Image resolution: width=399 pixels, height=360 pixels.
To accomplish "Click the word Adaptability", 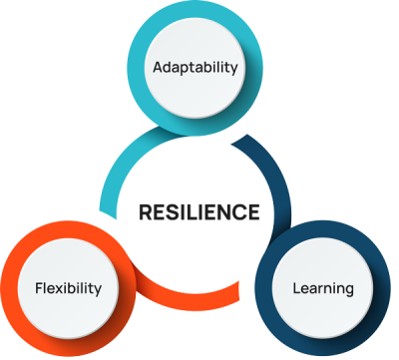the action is click(195, 69).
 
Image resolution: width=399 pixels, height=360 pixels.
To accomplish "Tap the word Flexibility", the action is click(67, 289).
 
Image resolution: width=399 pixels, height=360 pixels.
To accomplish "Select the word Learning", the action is click(322, 289).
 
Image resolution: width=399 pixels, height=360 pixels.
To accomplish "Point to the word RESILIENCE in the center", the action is click(199, 211).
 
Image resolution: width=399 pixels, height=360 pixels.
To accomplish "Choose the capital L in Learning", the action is click(296, 289).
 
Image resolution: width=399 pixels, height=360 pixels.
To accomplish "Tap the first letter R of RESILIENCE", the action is click(144, 211).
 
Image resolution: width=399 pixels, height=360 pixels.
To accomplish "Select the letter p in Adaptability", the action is click(187, 71).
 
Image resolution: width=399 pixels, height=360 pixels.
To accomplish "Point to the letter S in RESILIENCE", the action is click(172, 211).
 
